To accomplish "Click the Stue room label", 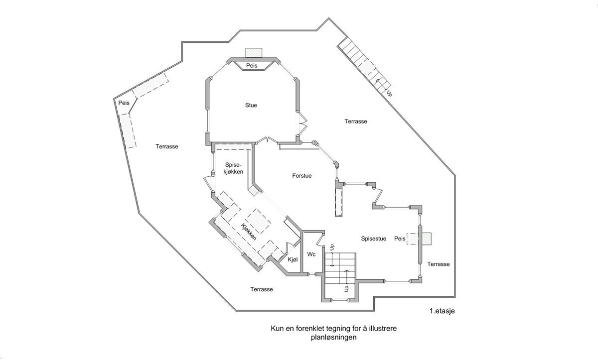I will tap(251, 105).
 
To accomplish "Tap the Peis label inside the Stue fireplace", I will tap(251, 66).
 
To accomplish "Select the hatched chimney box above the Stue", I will tap(254, 53).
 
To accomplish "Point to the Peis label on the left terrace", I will tap(124, 103).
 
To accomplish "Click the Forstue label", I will tap(302, 175).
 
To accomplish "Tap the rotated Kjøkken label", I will tap(249, 232).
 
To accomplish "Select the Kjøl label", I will tap(293, 259).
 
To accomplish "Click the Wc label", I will tap(311, 254).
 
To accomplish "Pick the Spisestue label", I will tap(374, 239).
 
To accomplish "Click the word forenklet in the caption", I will tap(312, 329).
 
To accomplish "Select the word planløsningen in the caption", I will tap(333, 337).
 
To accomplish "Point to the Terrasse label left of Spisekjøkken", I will tap(166, 146).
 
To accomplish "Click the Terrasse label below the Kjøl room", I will tap(262, 289).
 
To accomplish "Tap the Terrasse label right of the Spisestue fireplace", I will tap(438, 264).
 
